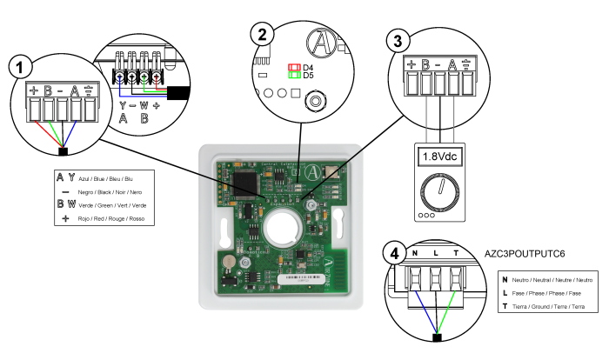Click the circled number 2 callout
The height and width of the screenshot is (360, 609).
pyautogui.click(x=261, y=34)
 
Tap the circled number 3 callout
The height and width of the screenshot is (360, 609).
pyautogui.click(x=398, y=40)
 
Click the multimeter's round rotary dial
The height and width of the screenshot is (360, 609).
pyautogui.click(x=440, y=189)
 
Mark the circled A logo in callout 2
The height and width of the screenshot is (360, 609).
pyautogui.click(x=324, y=43)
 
